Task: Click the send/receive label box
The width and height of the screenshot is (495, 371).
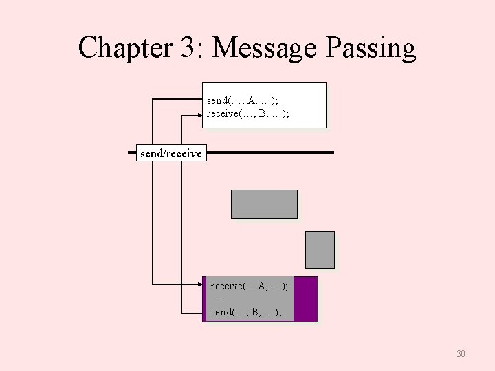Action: (170, 153)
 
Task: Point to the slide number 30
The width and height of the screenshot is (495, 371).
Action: (461, 354)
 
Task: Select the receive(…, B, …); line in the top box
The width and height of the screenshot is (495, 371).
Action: (247, 113)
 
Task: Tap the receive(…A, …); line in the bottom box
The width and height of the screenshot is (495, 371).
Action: (249, 286)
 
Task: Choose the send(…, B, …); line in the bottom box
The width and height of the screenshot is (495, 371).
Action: (246, 313)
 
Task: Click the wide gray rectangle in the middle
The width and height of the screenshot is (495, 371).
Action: (264, 204)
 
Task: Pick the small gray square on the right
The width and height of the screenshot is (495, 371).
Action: (320, 249)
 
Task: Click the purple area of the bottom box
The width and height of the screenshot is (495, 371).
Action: (306, 299)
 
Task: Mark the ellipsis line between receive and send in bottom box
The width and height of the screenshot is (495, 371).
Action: (219, 300)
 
